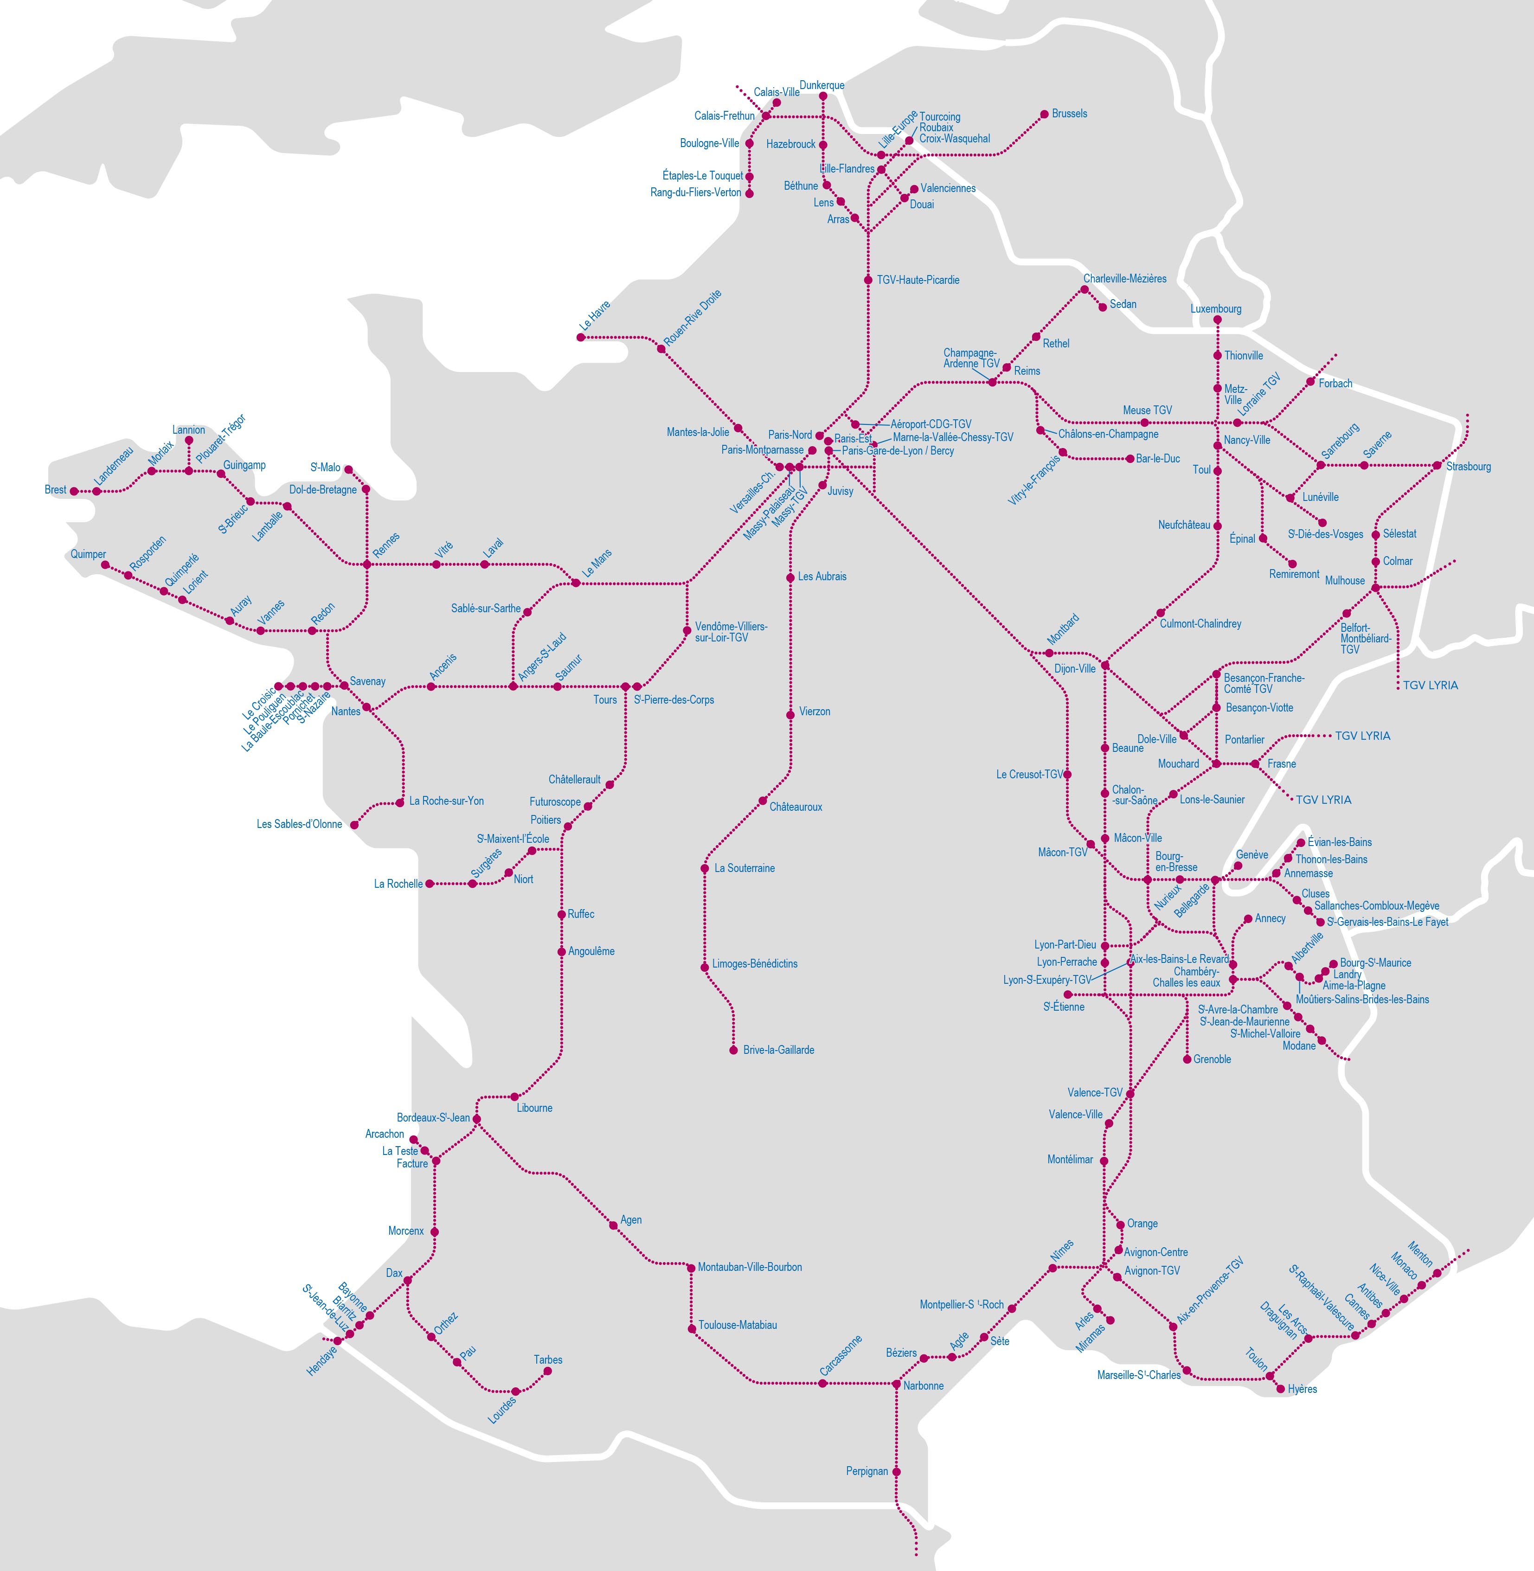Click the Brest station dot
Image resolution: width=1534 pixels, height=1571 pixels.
point(74,491)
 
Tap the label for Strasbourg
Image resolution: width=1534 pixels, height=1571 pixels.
point(1468,467)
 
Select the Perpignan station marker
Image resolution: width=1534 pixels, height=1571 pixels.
point(897,1471)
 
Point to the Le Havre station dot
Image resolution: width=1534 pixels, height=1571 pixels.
point(581,338)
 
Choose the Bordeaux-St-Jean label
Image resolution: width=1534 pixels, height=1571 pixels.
point(433,1117)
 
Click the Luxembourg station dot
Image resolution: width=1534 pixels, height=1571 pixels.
point(1217,321)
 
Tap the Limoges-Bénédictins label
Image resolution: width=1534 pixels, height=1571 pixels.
point(755,963)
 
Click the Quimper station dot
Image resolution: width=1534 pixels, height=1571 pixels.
point(105,565)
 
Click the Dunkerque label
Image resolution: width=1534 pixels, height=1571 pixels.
point(822,85)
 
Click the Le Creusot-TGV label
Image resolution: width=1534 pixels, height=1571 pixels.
point(1030,774)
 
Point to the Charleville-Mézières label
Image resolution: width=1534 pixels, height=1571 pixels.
point(1125,279)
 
